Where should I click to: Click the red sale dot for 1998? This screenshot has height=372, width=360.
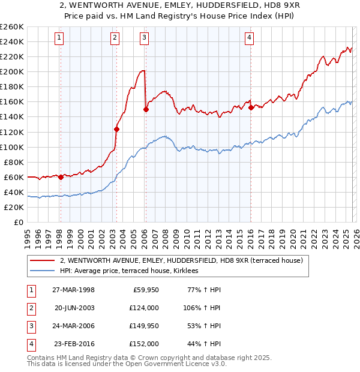tap(61, 177)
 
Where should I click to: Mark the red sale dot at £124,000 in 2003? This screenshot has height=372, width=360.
tap(116, 128)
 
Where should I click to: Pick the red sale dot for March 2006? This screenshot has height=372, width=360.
tap(146, 109)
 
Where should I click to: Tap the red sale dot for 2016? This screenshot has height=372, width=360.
tap(251, 107)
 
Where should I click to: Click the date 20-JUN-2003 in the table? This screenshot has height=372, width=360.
tap(74, 308)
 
